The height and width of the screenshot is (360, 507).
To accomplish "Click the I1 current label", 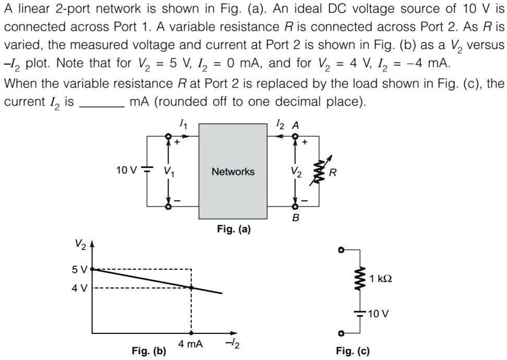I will click(x=181, y=124).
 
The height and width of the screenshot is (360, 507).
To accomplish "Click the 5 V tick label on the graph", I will click(x=80, y=269).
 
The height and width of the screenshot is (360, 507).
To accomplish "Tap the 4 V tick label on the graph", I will click(x=80, y=287).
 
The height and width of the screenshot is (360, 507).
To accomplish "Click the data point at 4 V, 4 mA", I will click(x=191, y=287).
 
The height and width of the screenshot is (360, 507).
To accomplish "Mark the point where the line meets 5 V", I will click(x=93, y=269).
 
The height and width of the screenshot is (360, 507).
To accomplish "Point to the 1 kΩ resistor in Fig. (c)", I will click(x=358, y=279).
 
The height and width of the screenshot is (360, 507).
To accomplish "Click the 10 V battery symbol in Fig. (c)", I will click(x=359, y=313).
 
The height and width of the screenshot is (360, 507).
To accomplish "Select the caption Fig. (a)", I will click(x=233, y=229).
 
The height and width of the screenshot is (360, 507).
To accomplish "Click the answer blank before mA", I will click(x=101, y=102).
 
